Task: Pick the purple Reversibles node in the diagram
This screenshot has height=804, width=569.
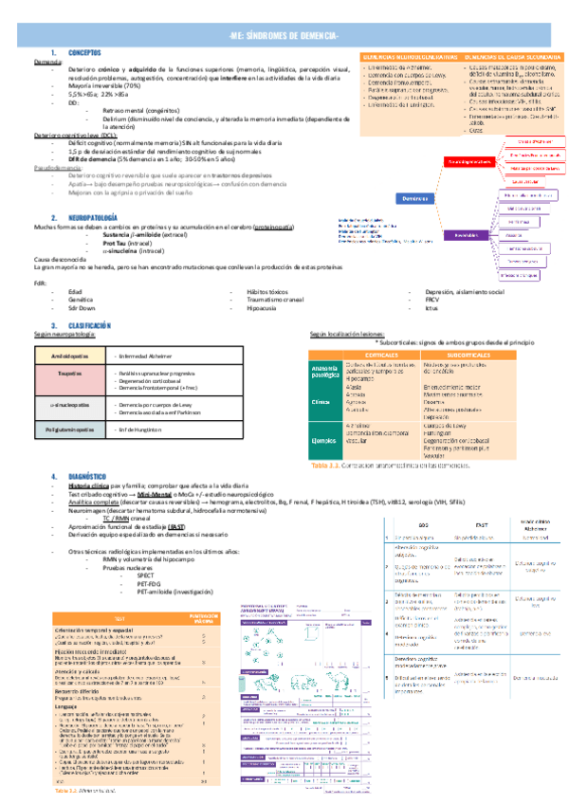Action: tap(466, 234)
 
